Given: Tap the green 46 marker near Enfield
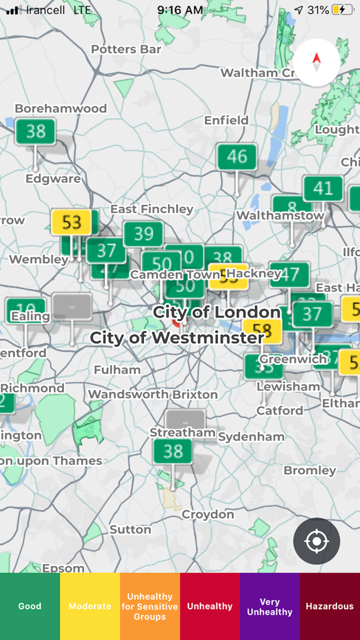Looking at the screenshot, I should (x=237, y=156).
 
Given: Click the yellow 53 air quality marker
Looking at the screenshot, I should (x=71, y=222).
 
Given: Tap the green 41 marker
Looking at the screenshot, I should (x=323, y=189).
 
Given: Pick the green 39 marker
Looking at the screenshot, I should (x=143, y=234).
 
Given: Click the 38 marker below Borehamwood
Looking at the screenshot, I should (x=35, y=132).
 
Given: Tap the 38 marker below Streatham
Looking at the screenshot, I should (x=173, y=452).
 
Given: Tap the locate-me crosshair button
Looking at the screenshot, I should (x=316, y=541).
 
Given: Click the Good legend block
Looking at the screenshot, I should (x=30, y=606).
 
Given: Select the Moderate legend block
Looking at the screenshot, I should (x=90, y=606).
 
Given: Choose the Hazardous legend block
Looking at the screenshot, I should (x=330, y=606).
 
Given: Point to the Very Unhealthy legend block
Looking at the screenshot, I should (x=269, y=606).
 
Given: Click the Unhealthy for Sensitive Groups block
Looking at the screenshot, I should (x=150, y=606).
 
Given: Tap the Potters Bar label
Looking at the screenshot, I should (x=126, y=49).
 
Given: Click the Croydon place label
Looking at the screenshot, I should (x=208, y=514).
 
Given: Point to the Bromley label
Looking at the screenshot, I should (x=310, y=470).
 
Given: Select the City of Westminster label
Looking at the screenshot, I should (x=177, y=338).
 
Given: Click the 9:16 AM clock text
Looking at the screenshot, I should (x=180, y=10).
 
